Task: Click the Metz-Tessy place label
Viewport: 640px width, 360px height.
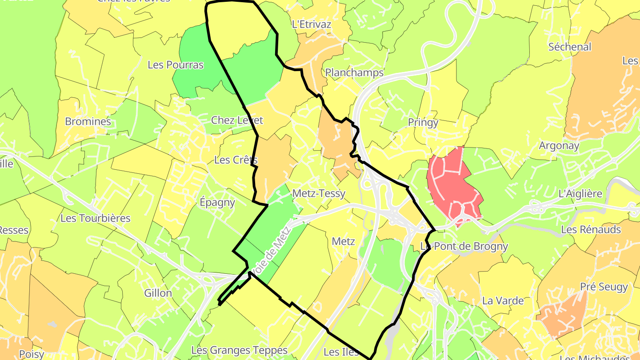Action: point(319,194)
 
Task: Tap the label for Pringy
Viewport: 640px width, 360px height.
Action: point(423,123)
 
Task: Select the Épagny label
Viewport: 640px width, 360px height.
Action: point(217,203)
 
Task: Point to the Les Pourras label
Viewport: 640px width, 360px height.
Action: point(176,65)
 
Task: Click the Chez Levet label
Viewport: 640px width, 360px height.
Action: point(237,120)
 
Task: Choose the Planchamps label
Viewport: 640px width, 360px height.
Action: point(354,72)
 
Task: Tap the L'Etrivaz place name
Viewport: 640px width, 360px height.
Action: point(312,24)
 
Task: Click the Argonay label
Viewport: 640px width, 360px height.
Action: point(559,145)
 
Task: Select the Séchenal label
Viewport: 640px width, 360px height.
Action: point(570,47)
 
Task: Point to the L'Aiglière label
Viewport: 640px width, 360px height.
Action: point(580,194)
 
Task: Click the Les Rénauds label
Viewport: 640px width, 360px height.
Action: point(591,229)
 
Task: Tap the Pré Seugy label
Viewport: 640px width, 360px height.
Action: point(604,287)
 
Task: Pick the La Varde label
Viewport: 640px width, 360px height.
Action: point(503,300)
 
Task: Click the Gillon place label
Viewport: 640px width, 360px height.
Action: point(158,293)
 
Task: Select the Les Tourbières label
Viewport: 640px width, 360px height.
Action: point(96,218)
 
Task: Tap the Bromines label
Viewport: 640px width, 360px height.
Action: point(88,121)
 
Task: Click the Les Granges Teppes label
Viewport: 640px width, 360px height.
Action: point(240,350)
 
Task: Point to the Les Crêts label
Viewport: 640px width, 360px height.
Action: point(236,160)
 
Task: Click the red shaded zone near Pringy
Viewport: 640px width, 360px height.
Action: point(451,182)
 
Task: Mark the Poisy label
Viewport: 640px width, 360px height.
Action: point(32,354)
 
